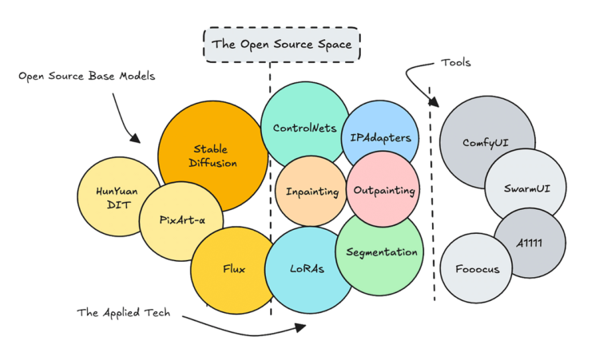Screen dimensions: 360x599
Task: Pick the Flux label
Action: click(x=233, y=268)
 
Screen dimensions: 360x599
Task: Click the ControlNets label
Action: click(x=304, y=127)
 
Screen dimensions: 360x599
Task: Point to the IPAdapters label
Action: click(x=380, y=137)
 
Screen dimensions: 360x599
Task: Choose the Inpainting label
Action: click(x=312, y=192)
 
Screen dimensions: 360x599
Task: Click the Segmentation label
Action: click(x=382, y=252)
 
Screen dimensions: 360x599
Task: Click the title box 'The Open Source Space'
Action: click(x=281, y=45)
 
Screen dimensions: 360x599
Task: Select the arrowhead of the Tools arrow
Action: click(x=436, y=102)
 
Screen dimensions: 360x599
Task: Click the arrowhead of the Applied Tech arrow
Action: click(x=302, y=326)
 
